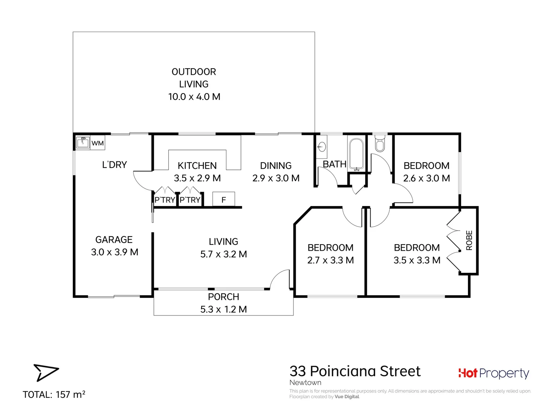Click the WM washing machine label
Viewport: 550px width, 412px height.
pyautogui.click(x=98, y=143)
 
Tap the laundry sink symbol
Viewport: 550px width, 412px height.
pyautogui.click(x=82, y=143)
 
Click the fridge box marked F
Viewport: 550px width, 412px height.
pyautogui.click(x=223, y=200)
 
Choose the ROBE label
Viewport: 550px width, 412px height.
pyautogui.click(x=469, y=240)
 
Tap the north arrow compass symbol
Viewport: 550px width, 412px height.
pyautogui.click(x=45, y=372)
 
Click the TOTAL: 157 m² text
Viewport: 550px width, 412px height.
pyautogui.click(x=54, y=394)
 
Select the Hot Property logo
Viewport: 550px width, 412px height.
pyautogui.click(x=494, y=373)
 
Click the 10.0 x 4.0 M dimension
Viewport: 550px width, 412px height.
pyautogui.click(x=194, y=97)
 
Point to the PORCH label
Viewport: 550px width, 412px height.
pyautogui.click(x=223, y=297)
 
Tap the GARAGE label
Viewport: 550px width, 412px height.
pyautogui.click(x=114, y=240)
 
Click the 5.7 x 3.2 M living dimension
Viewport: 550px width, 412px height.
pyautogui.click(x=223, y=254)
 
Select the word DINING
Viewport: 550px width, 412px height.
pyautogui.click(x=276, y=166)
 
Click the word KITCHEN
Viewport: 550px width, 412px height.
pyautogui.click(x=197, y=166)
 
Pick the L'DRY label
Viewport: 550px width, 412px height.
pyautogui.click(x=115, y=165)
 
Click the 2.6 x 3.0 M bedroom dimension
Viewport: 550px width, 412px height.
pyautogui.click(x=426, y=178)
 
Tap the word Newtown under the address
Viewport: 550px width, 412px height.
pyautogui.click(x=305, y=383)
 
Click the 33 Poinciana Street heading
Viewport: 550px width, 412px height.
pyautogui.click(x=355, y=371)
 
